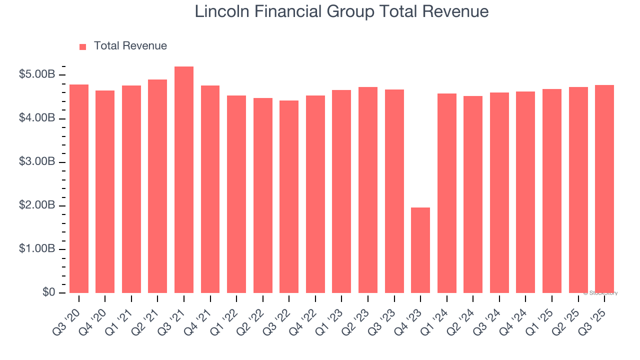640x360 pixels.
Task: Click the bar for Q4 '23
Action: tap(420, 250)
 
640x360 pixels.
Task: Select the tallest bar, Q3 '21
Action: tap(184, 180)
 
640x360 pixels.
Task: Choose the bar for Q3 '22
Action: tap(289, 197)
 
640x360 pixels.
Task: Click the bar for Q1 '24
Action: tap(446, 193)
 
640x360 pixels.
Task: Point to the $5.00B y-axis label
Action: tap(37, 74)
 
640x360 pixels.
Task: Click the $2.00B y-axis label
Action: tap(37, 205)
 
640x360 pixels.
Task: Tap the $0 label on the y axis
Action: tap(48, 292)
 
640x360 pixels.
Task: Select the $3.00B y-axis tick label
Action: tap(37, 162)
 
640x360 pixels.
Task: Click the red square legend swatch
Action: tap(83, 46)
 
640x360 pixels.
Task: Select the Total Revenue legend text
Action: tap(130, 46)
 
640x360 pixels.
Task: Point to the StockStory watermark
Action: tap(600, 293)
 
